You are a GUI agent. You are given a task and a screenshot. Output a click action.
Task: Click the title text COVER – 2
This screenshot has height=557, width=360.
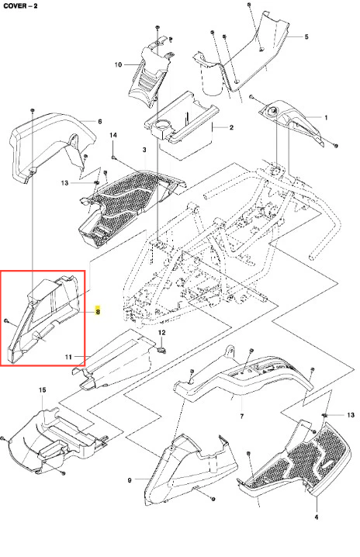[x=20, y=5]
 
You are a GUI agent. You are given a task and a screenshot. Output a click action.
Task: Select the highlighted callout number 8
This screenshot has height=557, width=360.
[x=98, y=312]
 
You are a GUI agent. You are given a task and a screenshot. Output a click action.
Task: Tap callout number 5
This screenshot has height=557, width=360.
[x=306, y=36]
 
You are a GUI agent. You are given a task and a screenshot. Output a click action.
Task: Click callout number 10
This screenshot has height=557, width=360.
[x=118, y=64]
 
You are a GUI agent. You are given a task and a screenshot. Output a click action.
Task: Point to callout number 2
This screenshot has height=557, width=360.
[x=231, y=127]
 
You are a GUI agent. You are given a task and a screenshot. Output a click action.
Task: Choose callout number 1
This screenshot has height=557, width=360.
[x=326, y=118]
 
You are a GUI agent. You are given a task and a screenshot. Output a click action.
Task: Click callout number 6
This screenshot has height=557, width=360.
[x=100, y=122]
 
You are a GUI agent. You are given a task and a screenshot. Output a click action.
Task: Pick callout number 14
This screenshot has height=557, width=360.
[x=113, y=135]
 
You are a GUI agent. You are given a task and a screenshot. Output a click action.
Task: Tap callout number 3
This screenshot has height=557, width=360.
[x=144, y=150]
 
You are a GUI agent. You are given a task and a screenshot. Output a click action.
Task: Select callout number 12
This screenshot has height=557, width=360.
[x=161, y=333]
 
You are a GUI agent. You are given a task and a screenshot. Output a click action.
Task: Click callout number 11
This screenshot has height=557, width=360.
[x=68, y=357]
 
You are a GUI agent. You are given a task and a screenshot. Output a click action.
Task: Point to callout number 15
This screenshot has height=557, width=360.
[x=42, y=389]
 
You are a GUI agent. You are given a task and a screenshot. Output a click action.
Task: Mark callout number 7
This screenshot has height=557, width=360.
[x=241, y=416]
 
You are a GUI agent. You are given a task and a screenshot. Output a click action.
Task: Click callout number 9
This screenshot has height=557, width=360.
[x=130, y=480]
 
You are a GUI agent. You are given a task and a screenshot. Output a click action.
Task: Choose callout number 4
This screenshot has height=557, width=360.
[x=317, y=517]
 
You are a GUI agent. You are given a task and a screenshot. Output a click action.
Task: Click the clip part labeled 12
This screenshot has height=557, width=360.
[x=162, y=351]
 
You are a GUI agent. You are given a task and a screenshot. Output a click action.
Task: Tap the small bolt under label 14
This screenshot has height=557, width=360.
[x=113, y=157]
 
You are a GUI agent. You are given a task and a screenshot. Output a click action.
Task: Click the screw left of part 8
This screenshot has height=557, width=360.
[x=6, y=320]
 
